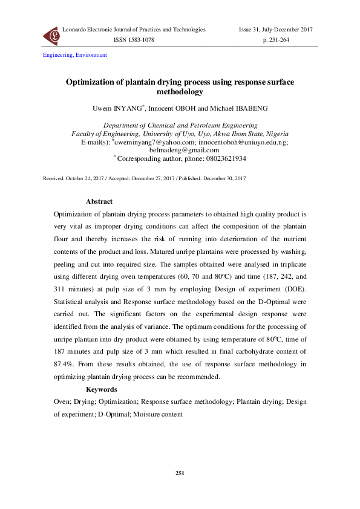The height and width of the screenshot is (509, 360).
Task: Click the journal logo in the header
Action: click(50, 37)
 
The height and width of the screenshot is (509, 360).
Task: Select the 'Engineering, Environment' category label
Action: click(74, 55)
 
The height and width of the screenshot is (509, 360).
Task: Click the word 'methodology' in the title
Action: click(180, 92)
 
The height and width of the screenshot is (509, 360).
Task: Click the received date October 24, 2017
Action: click(85, 179)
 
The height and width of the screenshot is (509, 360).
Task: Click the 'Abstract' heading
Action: click(99, 201)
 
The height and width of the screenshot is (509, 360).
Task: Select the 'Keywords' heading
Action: click(102, 390)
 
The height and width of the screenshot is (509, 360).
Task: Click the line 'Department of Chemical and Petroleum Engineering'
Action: click(180, 125)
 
